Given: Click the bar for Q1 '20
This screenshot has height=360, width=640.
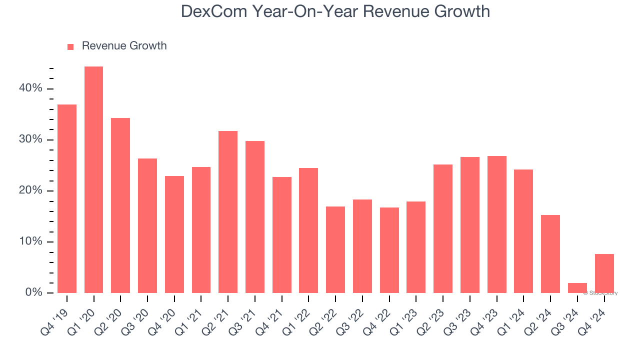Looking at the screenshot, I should (93, 180).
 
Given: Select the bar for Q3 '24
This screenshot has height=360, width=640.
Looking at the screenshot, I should (577, 288).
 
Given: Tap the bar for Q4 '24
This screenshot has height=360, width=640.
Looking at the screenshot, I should (604, 273).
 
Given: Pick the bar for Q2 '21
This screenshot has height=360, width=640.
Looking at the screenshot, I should (228, 212).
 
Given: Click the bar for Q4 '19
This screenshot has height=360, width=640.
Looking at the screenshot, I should (67, 199).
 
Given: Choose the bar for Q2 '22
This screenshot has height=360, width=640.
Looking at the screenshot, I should (335, 249).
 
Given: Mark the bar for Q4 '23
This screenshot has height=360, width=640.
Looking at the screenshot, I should (497, 224).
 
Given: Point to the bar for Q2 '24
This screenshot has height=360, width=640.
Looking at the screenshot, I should (550, 254).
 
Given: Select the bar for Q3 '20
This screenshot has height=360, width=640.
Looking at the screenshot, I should (147, 225).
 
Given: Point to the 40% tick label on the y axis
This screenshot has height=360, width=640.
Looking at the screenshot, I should (31, 88).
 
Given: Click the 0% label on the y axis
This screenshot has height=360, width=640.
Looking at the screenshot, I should (34, 292).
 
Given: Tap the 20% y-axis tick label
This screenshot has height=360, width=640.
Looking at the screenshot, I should (31, 190).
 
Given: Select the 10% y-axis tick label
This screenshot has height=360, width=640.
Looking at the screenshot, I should (31, 241).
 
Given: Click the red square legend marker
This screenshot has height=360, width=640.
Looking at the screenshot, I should (70, 46).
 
